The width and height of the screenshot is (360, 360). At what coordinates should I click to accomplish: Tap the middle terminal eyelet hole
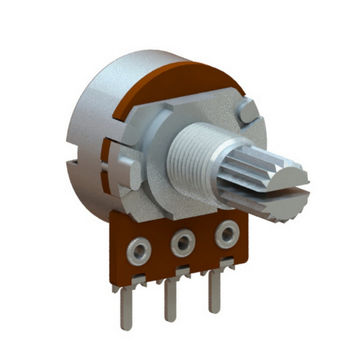click(x=183, y=241)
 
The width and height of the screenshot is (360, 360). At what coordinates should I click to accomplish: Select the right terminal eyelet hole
click(x=227, y=235)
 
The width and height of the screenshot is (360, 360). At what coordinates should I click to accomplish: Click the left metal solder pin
click(x=126, y=305)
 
